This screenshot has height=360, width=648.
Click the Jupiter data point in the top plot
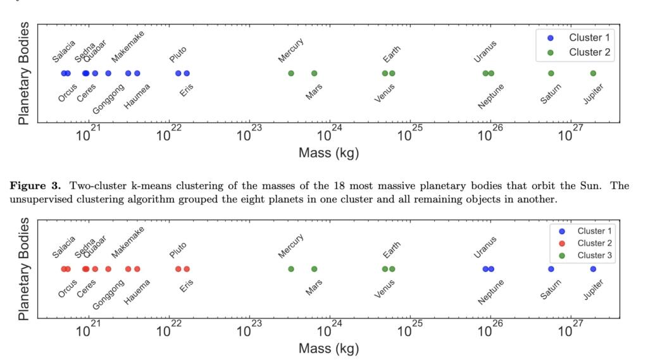tap(593, 73)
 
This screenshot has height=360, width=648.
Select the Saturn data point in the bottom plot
tap(551, 269)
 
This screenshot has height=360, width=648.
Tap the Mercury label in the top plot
tap(291, 51)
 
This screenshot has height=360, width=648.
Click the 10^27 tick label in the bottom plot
tap(571, 330)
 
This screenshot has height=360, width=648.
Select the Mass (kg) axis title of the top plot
tap(328, 152)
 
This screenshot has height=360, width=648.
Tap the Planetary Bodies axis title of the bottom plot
tap(24, 269)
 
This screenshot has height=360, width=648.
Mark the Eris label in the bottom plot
tap(187, 285)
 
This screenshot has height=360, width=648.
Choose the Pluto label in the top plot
tap(178, 54)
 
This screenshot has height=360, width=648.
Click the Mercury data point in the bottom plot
tap(291, 269)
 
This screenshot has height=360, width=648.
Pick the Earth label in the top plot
tap(392, 54)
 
